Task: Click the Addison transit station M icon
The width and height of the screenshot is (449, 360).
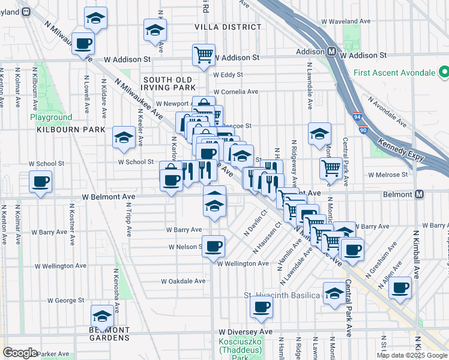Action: (x=331, y=52)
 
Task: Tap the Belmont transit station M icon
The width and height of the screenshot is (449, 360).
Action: (x=420, y=194)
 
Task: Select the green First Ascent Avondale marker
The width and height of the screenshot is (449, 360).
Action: (x=444, y=73)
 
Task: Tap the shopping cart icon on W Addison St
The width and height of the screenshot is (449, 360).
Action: (x=203, y=55)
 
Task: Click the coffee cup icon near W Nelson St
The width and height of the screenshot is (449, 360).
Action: (x=213, y=245)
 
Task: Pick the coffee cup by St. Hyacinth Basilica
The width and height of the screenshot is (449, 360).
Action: (x=261, y=308)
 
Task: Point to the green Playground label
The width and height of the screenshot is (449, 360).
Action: (x=52, y=118)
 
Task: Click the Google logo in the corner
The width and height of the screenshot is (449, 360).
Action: (x=20, y=353)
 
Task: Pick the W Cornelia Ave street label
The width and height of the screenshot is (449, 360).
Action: (x=232, y=92)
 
